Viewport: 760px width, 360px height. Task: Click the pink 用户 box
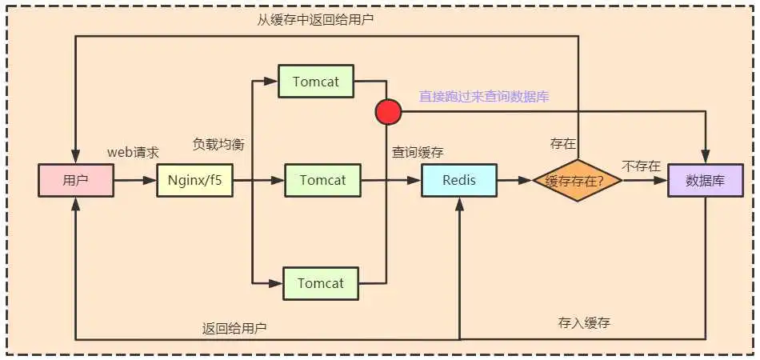click(75, 180)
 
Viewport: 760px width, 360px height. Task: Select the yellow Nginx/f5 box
click(194, 180)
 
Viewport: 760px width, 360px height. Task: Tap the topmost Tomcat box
click(315, 81)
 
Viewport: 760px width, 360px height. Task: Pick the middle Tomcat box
click(322, 180)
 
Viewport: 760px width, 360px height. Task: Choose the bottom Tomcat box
click(320, 283)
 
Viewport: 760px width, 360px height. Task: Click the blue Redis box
click(458, 180)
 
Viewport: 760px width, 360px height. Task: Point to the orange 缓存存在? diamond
click(578, 181)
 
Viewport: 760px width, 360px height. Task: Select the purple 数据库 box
click(706, 180)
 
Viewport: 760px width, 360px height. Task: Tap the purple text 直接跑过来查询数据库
click(484, 96)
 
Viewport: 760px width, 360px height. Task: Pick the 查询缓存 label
click(418, 152)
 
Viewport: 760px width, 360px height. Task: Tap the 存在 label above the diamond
click(562, 144)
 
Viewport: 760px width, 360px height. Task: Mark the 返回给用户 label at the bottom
click(234, 328)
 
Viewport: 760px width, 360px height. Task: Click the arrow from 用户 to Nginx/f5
click(134, 181)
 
